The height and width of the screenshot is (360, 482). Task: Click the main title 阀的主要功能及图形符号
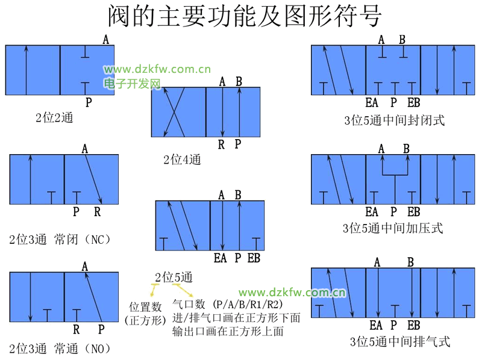click(244, 16)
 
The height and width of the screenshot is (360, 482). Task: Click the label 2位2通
click(54, 118)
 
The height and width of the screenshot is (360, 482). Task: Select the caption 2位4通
click(182, 160)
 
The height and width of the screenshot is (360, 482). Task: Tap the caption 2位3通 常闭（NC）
click(60, 239)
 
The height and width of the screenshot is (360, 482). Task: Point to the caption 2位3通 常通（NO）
click(60, 348)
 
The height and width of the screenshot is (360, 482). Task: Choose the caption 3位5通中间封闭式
click(395, 120)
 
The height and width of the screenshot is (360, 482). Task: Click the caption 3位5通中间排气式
click(399, 342)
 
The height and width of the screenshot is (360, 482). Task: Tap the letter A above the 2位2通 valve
click(106, 40)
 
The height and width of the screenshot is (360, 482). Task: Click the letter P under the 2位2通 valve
click(89, 102)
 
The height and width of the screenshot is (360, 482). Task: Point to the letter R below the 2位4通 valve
click(222, 144)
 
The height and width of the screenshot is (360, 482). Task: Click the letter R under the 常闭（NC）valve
click(98, 212)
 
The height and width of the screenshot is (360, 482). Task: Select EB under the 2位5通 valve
click(254, 258)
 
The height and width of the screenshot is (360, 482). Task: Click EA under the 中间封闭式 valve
click(372, 102)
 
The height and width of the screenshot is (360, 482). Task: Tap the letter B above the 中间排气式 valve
click(411, 262)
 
